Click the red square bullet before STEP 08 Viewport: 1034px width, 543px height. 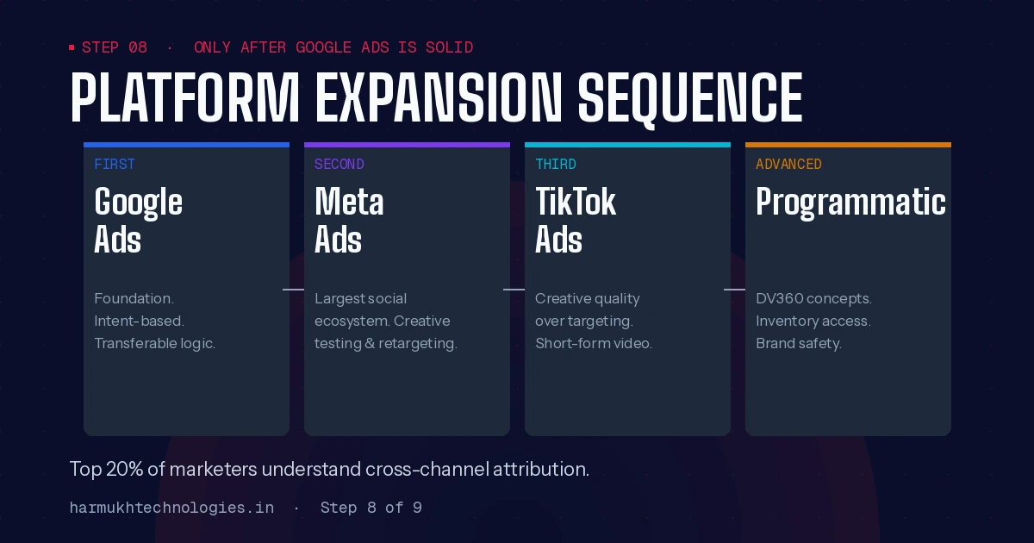[72, 47]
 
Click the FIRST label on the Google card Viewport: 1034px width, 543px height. [115, 164]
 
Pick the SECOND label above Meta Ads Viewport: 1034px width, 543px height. [339, 164]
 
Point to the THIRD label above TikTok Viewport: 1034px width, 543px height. [556, 164]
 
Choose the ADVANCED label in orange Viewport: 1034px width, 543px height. [788, 164]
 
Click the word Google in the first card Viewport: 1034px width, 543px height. [138, 203]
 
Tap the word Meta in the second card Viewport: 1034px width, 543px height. [349, 203]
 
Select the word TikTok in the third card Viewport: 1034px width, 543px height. [576, 203]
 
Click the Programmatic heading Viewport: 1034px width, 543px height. [850, 203]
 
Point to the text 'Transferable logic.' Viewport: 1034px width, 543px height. [155, 343]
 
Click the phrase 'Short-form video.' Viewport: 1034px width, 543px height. [594, 343]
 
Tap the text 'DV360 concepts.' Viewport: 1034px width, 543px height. [813, 298]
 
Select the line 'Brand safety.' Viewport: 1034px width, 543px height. [799, 343]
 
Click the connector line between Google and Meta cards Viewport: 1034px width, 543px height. [294, 290]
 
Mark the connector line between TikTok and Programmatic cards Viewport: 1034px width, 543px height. [734, 290]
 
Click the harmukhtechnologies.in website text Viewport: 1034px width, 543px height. [171, 508]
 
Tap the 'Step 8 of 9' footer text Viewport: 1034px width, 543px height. [371, 508]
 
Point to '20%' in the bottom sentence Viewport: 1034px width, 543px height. [123, 470]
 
